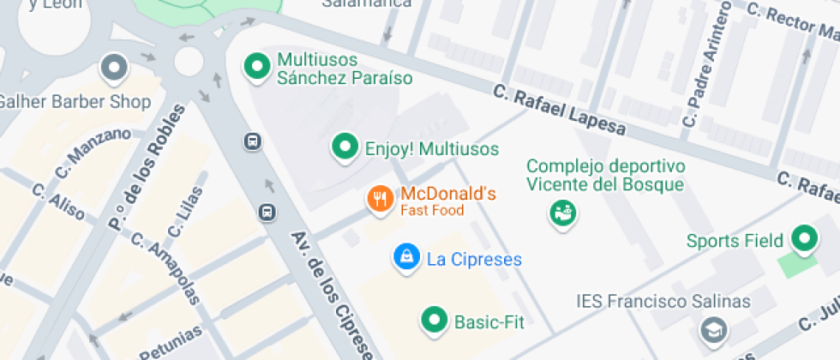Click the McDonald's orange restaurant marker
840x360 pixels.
[x=380, y=200]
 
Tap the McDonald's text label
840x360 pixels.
[x=448, y=194]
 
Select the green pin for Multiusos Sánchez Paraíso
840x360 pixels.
[x=255, y=67]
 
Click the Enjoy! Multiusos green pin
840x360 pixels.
[x=345, y=147]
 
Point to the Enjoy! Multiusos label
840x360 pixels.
[x=432, y=148]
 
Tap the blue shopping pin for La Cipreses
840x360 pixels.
[x=405, y=256]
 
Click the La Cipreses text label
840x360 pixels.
[x=474, y=259]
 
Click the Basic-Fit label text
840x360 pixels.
[x=489, y=322]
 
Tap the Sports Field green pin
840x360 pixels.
[x=804, y=239]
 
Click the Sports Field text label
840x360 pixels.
[x=735, y=240]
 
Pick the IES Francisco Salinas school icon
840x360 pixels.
[x=712, y=328]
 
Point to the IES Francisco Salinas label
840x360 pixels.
[x=663, y=302]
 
